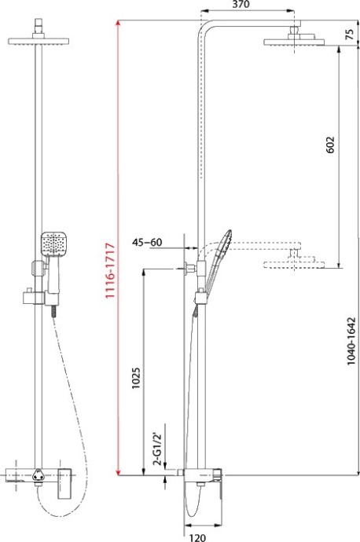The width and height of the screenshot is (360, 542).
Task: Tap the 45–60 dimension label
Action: tap(147, 242)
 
